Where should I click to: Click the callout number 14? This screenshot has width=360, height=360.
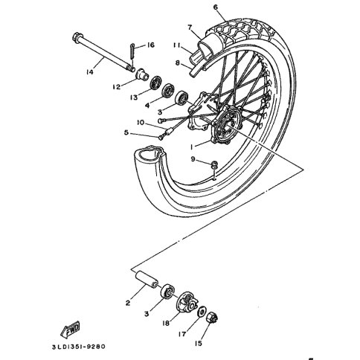pos(89,72)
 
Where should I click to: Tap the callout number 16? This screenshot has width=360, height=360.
pos(150,45)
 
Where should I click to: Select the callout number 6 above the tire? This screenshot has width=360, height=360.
pos(215,7)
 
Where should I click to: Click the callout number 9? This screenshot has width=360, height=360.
pos(193,158)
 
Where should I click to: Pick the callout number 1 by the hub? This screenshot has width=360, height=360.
pos(192,147)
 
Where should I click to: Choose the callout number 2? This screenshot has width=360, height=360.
pos(128,303)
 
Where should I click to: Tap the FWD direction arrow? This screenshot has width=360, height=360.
pos(71,329)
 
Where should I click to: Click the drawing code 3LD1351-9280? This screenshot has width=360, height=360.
pos(79,347)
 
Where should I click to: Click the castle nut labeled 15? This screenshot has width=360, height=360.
pos(213,318)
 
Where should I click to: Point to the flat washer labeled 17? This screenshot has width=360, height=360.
pos(202,312)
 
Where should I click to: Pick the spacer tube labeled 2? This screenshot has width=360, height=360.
pos(147,280)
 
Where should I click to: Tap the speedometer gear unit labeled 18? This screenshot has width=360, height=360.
pos(187,303)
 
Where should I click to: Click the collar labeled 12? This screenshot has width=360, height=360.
pos(142,73)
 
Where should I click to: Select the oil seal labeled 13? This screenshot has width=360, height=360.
pos(156,83)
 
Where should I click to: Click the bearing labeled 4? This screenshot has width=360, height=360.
pos(168,91)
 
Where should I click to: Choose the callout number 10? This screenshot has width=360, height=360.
pos(141,123)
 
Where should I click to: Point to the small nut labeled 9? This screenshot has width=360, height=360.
pos(214,165)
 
